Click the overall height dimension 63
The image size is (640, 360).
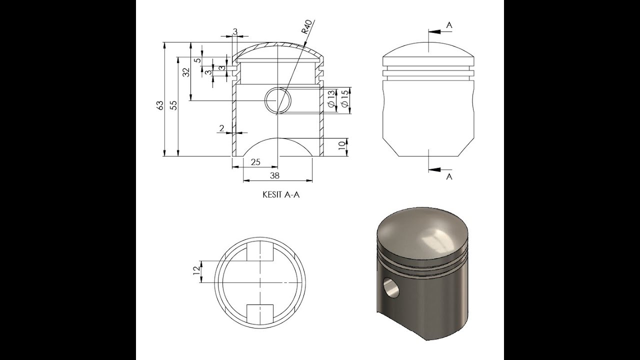point(160,105)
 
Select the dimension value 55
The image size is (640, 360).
point(173,105)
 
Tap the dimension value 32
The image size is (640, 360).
point(186,72)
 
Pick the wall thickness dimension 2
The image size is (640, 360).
point(221,128)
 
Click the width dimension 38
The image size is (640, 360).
point(274,175)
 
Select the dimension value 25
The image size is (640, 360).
point(255,162)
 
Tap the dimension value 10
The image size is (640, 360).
point(342,146)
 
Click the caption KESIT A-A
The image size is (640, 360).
point(281,195)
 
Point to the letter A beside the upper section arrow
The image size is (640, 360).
point(449,24)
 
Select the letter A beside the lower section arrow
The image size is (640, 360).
point(449,176)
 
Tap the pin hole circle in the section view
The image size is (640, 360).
point(277,100)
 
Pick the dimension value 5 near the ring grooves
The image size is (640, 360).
point(197,60)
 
